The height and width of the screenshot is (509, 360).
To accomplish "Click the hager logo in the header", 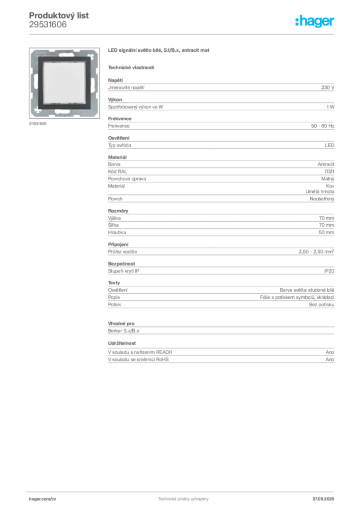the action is [315, 21].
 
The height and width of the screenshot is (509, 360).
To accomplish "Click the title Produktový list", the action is [59, 15].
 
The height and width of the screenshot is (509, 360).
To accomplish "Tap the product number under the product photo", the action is [38, 124].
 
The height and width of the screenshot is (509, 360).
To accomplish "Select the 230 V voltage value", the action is [328, 87].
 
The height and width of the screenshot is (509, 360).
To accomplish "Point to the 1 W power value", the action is [331, 107].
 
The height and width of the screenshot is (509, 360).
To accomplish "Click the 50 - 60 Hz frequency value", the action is [323, 126].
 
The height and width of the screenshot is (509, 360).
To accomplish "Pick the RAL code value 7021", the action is [329, 171].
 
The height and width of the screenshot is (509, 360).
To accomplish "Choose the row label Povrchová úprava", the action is [127, 179].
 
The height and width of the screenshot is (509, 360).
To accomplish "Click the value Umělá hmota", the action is [320, 191].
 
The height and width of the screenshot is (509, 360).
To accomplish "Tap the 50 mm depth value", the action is [326, 233].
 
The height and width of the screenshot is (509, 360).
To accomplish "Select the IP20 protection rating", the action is [329, 271].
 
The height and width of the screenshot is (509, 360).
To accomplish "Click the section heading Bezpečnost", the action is [121, 263].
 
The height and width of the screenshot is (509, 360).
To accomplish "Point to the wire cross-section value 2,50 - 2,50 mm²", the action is [317, 252].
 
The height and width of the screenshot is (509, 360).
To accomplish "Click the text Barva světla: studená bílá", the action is [307, 290].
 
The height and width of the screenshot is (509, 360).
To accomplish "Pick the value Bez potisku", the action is [322, 305].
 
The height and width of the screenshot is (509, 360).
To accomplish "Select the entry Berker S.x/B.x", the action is [124, 331].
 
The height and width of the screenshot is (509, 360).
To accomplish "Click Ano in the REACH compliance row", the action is [330, 352].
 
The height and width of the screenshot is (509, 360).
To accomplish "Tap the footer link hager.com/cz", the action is [43, 499].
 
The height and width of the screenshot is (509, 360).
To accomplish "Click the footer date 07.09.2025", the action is [323, 499].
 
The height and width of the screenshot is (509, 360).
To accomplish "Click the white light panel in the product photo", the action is [65, 83].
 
